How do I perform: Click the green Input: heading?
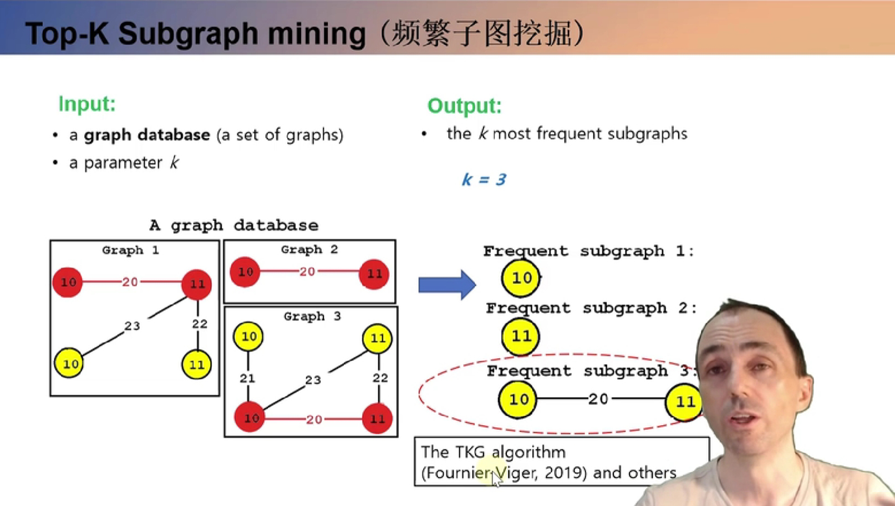pos(87,104)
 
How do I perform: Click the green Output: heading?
pos(464,106)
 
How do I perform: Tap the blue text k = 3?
pos(484,179)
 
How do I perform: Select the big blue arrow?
pos(447,285)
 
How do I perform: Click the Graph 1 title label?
pos(130,250)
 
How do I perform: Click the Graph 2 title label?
pos(309,250)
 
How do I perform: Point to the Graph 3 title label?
pos(312,316)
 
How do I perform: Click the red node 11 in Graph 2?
pos(374,274)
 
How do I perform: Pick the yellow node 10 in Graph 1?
pos(69,363)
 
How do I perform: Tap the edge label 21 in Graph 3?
pos(247,378)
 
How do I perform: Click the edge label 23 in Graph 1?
pos(132,326)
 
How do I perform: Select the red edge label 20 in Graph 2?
pos(307,272)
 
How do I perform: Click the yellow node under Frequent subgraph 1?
pos(521,278)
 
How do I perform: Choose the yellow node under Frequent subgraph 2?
pos(520,336)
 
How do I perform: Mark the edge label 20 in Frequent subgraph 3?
pos(598,399)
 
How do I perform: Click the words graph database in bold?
pos(146,135)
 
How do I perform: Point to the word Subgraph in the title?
pos(188,34)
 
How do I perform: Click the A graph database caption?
pos(234,226)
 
